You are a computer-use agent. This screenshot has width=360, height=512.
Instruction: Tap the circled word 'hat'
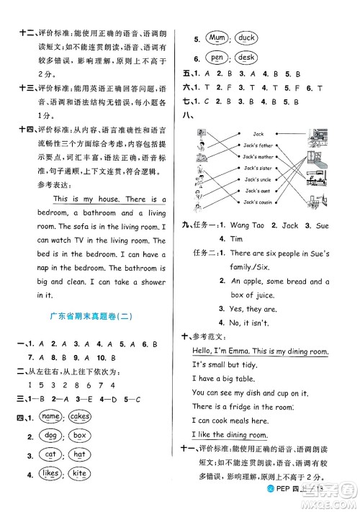(79, 454)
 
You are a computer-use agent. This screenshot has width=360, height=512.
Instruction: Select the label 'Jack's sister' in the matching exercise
(258, 167)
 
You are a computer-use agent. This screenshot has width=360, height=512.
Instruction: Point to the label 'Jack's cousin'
(258, 202)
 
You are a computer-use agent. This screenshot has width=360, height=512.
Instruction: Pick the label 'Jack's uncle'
(257, 179)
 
